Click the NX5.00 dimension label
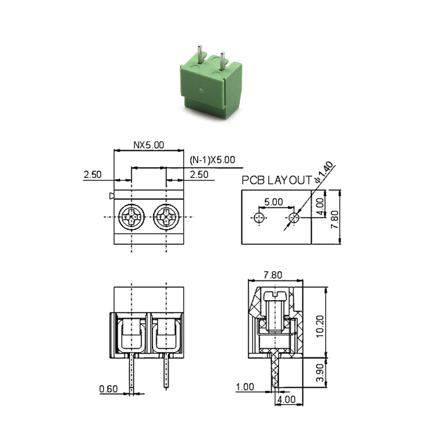click(x=149, y=145)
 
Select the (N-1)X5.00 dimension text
click(x=212, y=160)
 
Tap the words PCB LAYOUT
click(x=276, y=181)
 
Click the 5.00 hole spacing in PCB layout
click(x=274, y=202)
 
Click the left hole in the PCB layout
click(x=259, y=218)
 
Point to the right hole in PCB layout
click(x=294, y=218)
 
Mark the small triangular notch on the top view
click(x=111, y=195)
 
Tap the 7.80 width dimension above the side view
click(x=275, y=275)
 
